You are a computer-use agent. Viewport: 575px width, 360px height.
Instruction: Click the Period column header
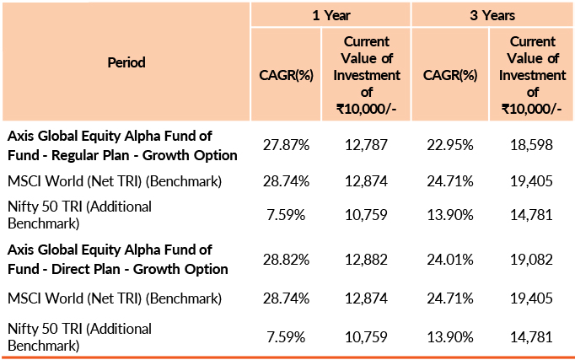[126, 62]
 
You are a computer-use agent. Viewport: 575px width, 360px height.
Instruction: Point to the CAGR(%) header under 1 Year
[286, 75]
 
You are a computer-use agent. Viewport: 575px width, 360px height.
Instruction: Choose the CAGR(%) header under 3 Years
[451, 75]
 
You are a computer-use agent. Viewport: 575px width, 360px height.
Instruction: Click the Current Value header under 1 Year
[366, 75]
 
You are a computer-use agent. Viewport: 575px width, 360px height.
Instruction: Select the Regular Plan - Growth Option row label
[122, 146]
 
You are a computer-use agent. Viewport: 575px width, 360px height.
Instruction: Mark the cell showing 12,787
[366, 146]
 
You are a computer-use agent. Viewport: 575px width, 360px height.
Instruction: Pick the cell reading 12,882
[366, 260]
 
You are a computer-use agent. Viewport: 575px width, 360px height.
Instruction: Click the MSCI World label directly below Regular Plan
[114, 181]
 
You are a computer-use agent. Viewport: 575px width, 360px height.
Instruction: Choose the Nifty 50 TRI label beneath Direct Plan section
[79, 336]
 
